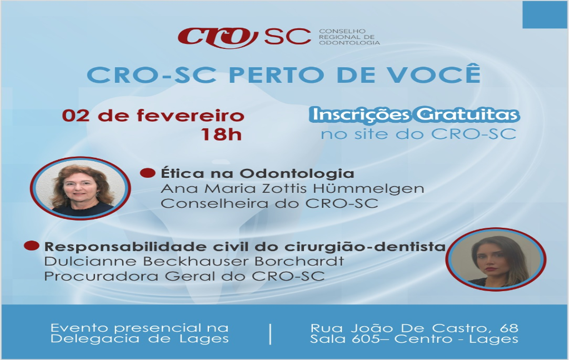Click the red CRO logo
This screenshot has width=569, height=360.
218,37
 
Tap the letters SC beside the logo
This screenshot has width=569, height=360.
287,36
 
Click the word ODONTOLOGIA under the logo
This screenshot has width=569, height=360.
349,43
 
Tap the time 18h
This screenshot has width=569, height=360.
221,134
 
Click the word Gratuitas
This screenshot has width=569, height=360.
468,114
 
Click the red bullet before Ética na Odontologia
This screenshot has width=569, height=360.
148,173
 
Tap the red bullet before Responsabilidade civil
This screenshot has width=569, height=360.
32,246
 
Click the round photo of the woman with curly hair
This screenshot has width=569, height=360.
80,188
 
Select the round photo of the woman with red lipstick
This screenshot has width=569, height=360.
496,259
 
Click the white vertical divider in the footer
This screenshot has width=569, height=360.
271,334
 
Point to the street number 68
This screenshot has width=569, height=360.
509,328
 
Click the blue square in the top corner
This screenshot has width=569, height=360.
546,14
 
